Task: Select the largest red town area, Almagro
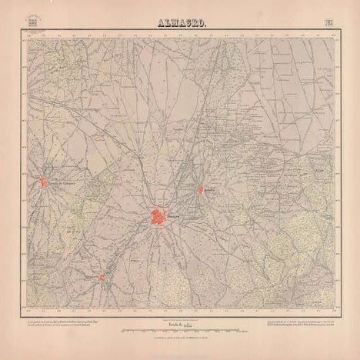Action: click(x=158, y=217)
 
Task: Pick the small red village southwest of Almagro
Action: click(x=101, y=277)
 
